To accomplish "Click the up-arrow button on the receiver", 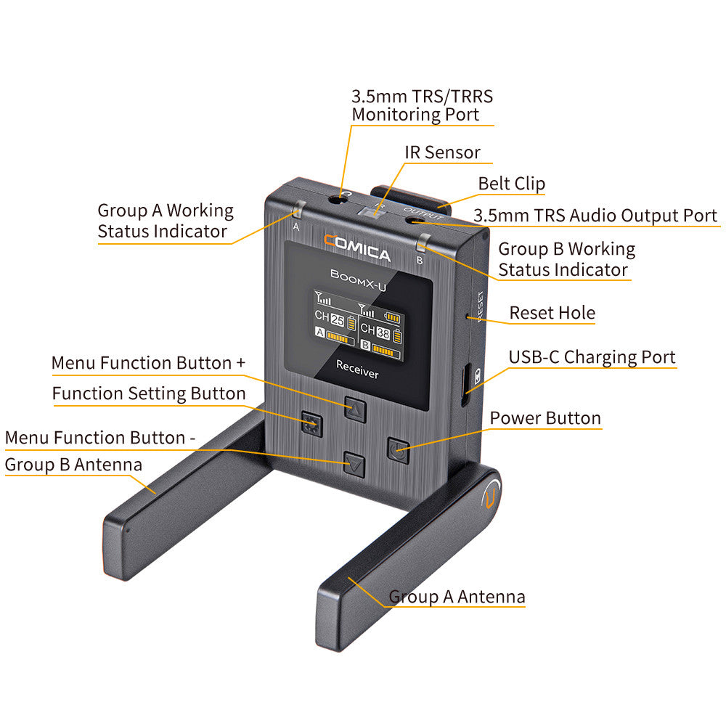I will (x=354, y=409).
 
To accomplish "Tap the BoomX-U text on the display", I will (x=358, y=274).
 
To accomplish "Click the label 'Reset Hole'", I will (x=552, y=313).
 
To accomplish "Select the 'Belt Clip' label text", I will (x=511, y=184).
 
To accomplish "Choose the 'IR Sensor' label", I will (x=442, y=152).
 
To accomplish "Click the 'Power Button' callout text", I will (x=545, y=418).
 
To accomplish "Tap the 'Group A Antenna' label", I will (x=457, y=597).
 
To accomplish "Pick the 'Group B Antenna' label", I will (x=73, y=465).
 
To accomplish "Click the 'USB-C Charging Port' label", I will (x=592, y=357).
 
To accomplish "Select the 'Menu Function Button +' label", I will (x=148, y=362).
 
